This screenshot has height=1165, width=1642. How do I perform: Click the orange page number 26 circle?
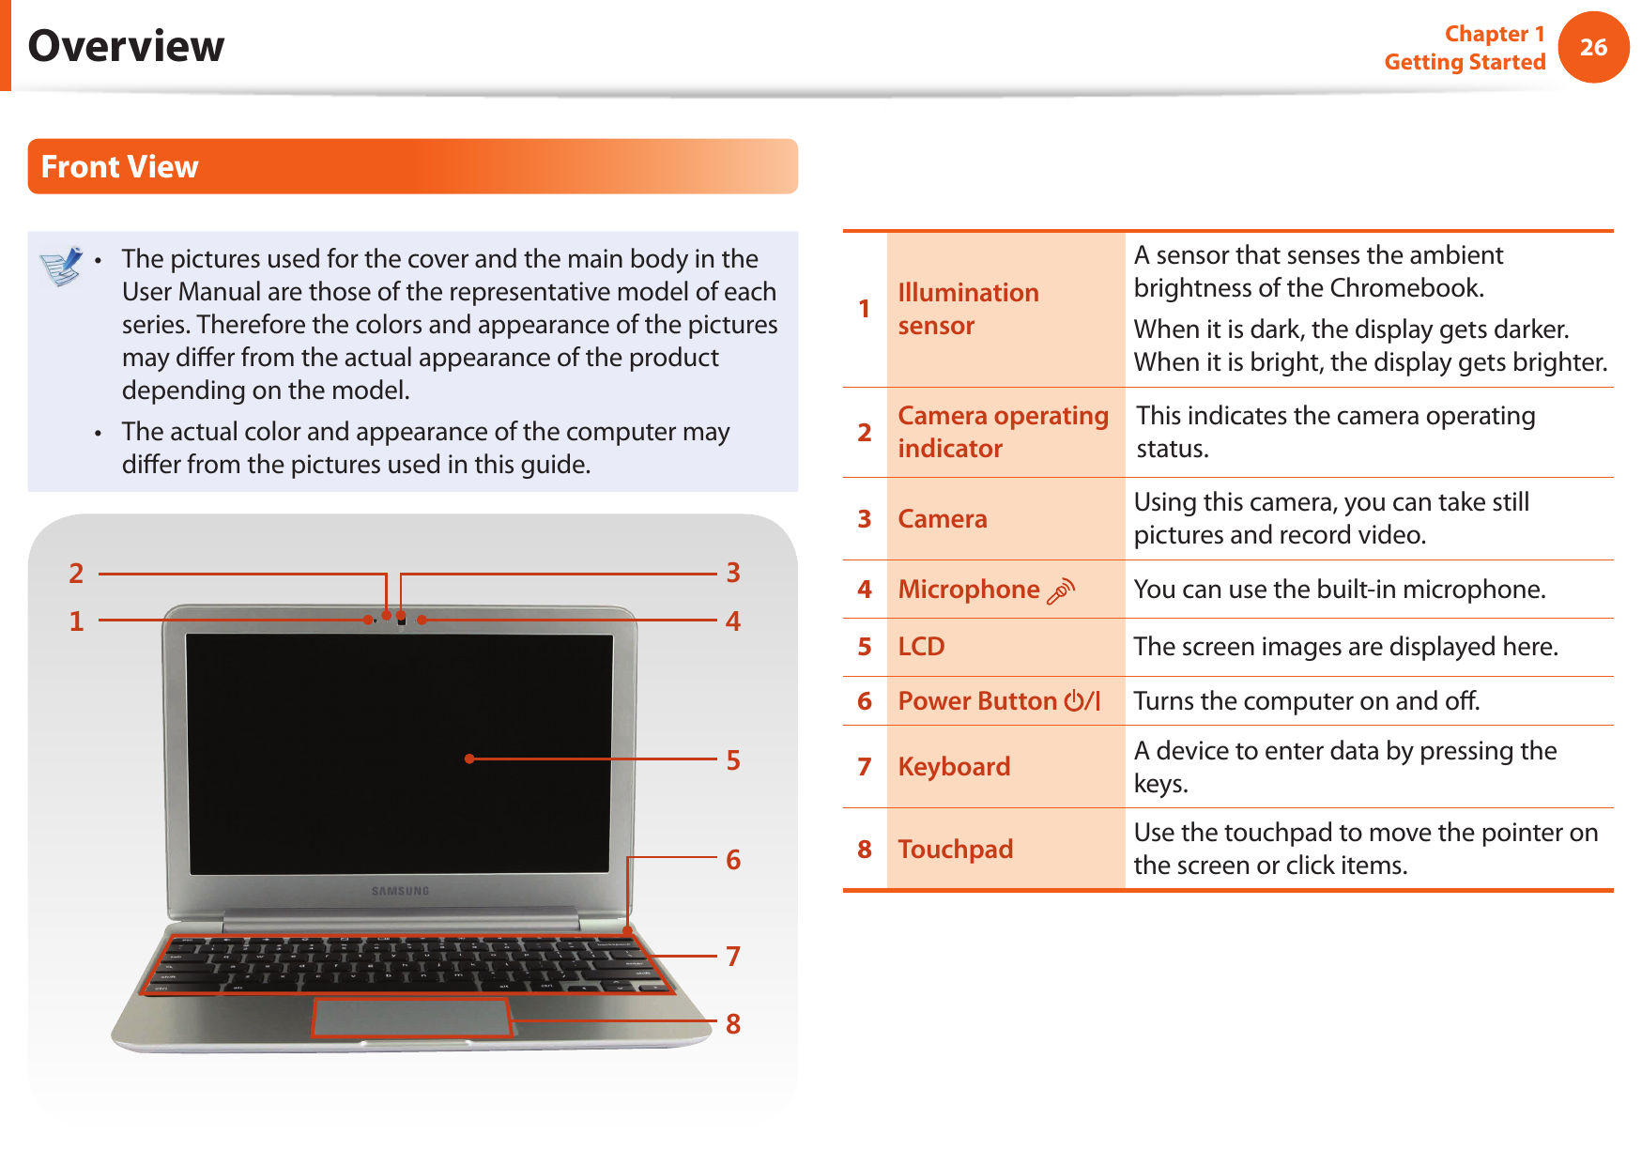pos(1592,47)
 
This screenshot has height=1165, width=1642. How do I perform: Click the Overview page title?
pos(126,46)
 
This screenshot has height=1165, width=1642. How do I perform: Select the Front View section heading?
pos(119,167)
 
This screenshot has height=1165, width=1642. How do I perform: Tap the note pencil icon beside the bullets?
pos(62,266)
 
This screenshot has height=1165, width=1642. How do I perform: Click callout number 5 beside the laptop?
pos(733,759)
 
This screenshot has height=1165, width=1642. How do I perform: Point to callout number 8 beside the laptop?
pos(733,1023)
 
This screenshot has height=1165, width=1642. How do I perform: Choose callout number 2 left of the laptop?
pos(76,573)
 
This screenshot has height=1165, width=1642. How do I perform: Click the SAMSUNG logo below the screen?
pos(400,891)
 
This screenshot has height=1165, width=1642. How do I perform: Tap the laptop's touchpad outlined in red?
pos(410,1017)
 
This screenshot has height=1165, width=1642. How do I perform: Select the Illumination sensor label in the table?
pos(967,309)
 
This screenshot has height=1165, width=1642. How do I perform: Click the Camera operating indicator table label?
pos(1002,432)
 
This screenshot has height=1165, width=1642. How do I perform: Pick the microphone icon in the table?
pos(1061,590)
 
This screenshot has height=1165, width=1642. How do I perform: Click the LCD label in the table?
pos(921,647)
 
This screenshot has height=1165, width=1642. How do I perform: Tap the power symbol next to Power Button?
pos(1074,701)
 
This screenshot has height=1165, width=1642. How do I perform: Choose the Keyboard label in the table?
pos(954,767)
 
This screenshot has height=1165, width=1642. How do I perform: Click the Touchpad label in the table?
pos(955,850)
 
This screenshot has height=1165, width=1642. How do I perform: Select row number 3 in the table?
pos(865,519)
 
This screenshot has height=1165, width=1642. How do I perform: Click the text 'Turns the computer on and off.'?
pos(1306,701)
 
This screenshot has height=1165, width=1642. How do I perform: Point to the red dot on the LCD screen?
pos(469,759)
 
